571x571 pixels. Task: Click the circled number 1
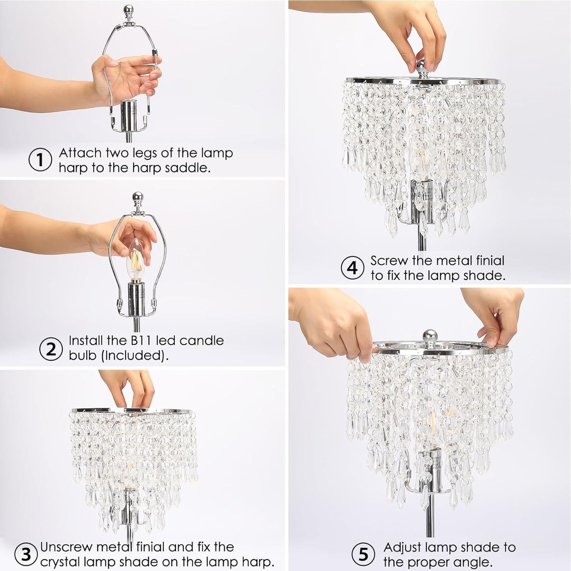click(40, 160)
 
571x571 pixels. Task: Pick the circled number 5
click(363, 554)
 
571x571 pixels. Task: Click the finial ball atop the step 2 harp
click(137, 196)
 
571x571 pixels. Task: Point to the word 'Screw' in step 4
click(389, 261)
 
